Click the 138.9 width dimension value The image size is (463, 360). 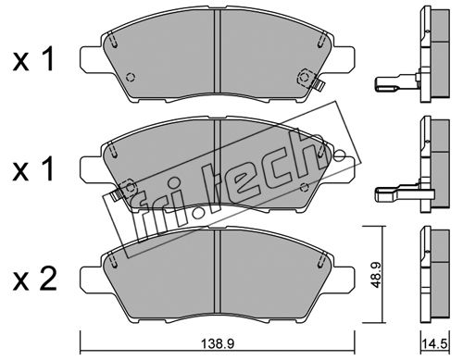pyautogui.click(x=218, y=342)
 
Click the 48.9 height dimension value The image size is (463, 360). pyautogui.click(x=376, y=275)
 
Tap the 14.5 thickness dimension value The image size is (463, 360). pyautogui.click(x=435, y=343)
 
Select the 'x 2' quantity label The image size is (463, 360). pyautogui.click(x=34, y=279)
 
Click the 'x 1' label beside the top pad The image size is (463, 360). pyautogui.click(x=33, y=59)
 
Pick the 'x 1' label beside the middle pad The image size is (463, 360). pyautogui.click(x=33, y=168)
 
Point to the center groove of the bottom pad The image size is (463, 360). pyautogui.click(x=218, y=271)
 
